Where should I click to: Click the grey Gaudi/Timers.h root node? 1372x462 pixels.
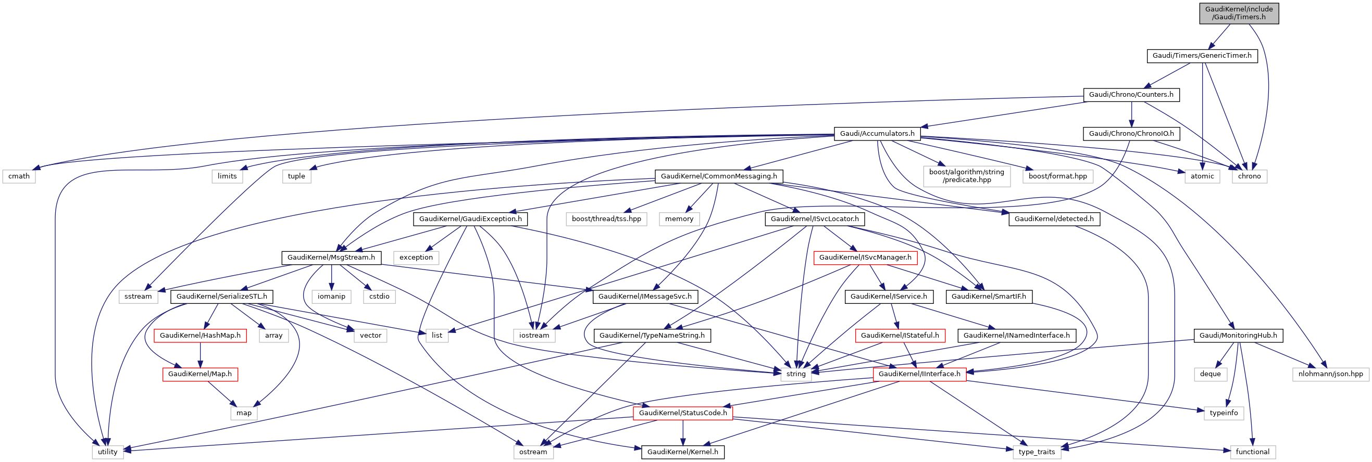pos(1238,14)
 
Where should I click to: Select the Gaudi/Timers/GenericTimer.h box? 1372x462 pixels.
pos(1202,56)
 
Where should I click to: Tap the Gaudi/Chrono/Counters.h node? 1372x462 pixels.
pos(1131,95)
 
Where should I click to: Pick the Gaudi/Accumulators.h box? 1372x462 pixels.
pos(877,134)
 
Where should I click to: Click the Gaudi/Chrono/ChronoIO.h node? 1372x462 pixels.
pos(1131,134)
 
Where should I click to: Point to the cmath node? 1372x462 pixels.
pos(19,176)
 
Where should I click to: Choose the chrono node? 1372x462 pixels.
pos(1249,176)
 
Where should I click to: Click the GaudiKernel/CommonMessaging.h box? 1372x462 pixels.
pos(718,176)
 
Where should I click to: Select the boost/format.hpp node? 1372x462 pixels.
pos(1057,176)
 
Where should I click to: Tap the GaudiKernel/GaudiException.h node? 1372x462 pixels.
pos(470,219)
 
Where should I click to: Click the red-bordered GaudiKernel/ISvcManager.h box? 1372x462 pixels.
pos(865,258)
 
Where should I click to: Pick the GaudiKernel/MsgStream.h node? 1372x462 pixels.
pos(331,258)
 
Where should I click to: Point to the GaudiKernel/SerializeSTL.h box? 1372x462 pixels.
pos(221,297)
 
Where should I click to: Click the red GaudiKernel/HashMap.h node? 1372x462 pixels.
pos(199,336)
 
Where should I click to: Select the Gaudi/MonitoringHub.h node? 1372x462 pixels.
pos(1238,336)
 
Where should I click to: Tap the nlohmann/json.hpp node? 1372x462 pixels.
pos(1330,374)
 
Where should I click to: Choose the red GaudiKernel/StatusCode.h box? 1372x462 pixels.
pos(682,413)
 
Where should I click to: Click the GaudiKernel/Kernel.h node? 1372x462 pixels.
pos(682,452)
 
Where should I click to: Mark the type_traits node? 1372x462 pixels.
pos(1037,452)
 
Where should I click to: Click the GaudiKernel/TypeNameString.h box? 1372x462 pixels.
pos(652,336)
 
